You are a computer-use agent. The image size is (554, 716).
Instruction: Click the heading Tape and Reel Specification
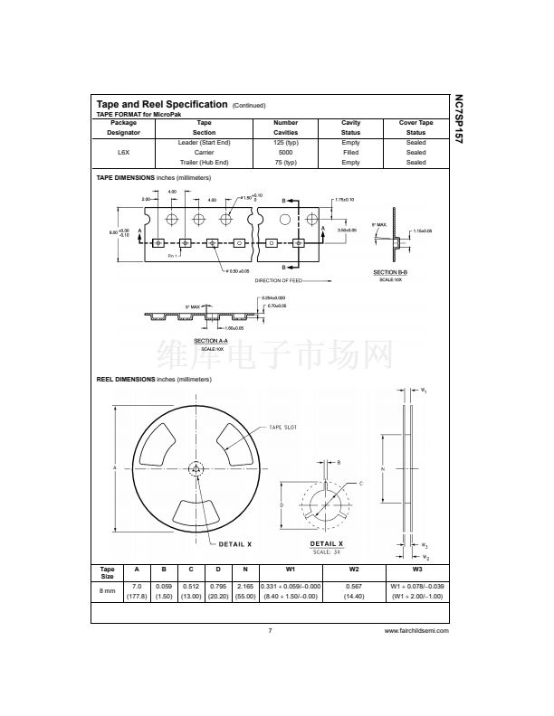click(161, 104)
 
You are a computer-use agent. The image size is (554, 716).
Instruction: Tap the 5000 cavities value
click(285, 153)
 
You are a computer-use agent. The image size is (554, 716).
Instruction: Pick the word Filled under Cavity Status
click(350, 153)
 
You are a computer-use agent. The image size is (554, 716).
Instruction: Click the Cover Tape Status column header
click(415, 127)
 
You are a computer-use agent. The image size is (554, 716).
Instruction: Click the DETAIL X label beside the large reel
click(235, 544)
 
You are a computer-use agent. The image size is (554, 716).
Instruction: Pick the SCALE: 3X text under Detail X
click(327, 551)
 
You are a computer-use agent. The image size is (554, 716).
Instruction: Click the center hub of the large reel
click(196, 468)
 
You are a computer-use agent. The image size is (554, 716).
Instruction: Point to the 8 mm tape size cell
click(107, 591)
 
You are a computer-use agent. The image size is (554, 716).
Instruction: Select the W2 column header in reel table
click(354, 570)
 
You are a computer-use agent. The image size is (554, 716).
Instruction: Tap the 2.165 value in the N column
click(244, 586)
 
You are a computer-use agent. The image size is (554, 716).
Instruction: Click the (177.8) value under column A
click(137, 597)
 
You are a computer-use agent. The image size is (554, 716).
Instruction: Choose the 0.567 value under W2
click(354, 586)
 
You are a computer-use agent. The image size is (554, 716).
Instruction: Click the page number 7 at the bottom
click(270, 631)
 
